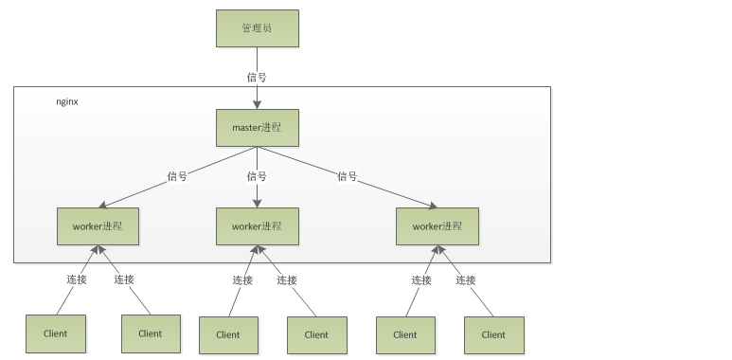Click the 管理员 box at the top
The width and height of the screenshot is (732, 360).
[257, 28]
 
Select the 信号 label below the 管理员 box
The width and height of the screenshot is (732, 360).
[257, 77]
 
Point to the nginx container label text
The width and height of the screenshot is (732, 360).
[67, 100]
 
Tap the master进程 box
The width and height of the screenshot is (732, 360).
[257, 127]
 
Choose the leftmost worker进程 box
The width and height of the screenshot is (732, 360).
[98, 226]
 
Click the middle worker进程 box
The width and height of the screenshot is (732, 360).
[257, 226]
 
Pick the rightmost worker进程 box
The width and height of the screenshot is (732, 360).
[437, 226]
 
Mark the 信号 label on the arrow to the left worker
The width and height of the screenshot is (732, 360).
[177, 176]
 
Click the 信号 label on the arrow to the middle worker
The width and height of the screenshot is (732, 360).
[257, 176]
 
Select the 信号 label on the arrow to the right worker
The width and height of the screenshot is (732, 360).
[348, 176]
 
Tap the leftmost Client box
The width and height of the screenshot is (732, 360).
[55, 333]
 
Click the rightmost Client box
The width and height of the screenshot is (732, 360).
[493, 334]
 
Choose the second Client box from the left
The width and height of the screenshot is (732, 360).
[151, 333]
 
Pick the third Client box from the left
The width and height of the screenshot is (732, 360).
[228, 334]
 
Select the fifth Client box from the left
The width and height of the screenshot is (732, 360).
[405, 334]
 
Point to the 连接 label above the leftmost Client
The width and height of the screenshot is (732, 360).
[77, 279]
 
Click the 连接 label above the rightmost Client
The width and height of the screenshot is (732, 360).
[465, 279]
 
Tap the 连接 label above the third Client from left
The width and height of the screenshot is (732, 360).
[242, 279]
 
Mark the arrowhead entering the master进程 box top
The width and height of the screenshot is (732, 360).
[257, 104]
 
